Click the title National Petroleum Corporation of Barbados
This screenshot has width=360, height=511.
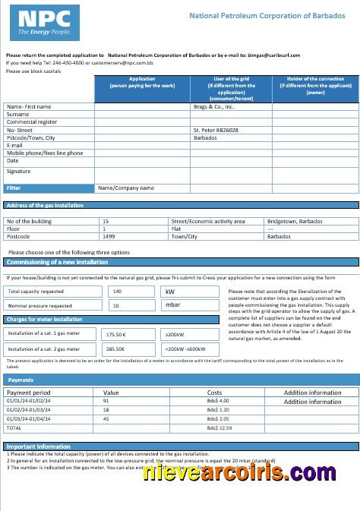click(x=262, y=15)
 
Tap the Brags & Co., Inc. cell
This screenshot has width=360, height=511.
click(x=213, y=107)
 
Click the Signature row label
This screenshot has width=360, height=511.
click(x=19, y=172)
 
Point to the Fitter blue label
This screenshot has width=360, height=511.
click(x=14, y=188)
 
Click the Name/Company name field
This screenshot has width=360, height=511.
click(x=126, y=188)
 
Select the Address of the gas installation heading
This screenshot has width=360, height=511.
click(x=45, y=205)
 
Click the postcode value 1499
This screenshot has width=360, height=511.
click(x=109, y=236)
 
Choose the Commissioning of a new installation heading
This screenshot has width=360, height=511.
click(x=57, y=262)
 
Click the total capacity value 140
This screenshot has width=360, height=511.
click(x=117, y=291)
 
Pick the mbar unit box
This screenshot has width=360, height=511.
click(x=172, y=305)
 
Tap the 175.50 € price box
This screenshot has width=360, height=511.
click(x=116, y=333)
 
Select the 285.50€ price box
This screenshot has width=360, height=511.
click(x=116, y=349)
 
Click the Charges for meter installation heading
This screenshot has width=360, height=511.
click(x=44, y=320)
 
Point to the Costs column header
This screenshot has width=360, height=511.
click(x=215, y=393)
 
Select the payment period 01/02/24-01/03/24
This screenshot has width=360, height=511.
click(x=28, y=408)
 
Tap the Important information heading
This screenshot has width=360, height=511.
click(x=39, y=446)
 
